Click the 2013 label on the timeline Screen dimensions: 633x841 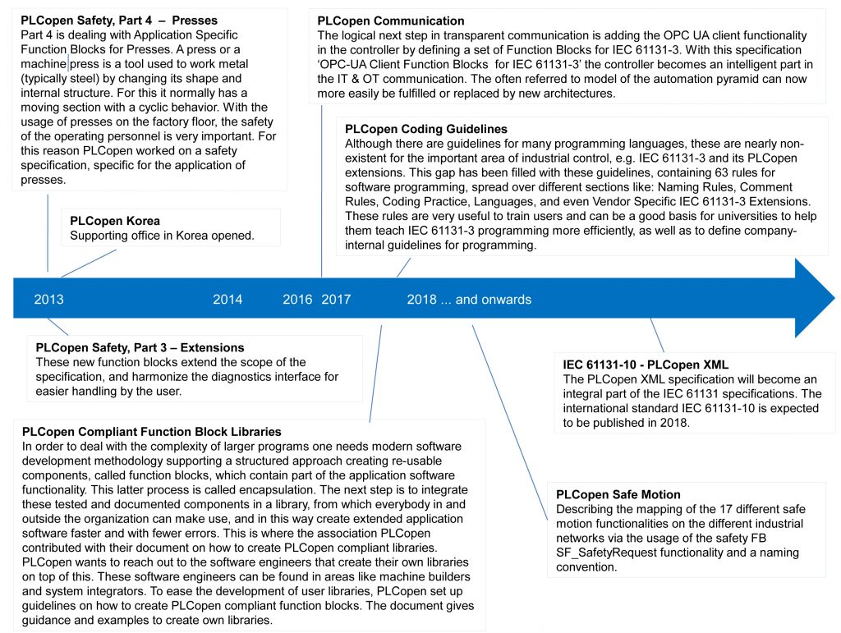48,300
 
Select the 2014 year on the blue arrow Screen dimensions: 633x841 227,300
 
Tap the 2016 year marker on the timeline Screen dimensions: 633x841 297,300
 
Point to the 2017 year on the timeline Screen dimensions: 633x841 336,300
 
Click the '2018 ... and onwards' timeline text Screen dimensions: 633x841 469,300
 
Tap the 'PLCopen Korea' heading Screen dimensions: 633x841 115,221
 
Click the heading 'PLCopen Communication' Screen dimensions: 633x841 391,21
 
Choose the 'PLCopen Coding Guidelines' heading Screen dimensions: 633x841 426,129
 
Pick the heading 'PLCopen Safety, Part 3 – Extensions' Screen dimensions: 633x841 140,347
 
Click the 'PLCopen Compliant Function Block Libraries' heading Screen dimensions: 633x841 152,431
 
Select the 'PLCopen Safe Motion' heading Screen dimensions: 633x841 618,494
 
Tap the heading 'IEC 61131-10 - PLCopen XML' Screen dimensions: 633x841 646,364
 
